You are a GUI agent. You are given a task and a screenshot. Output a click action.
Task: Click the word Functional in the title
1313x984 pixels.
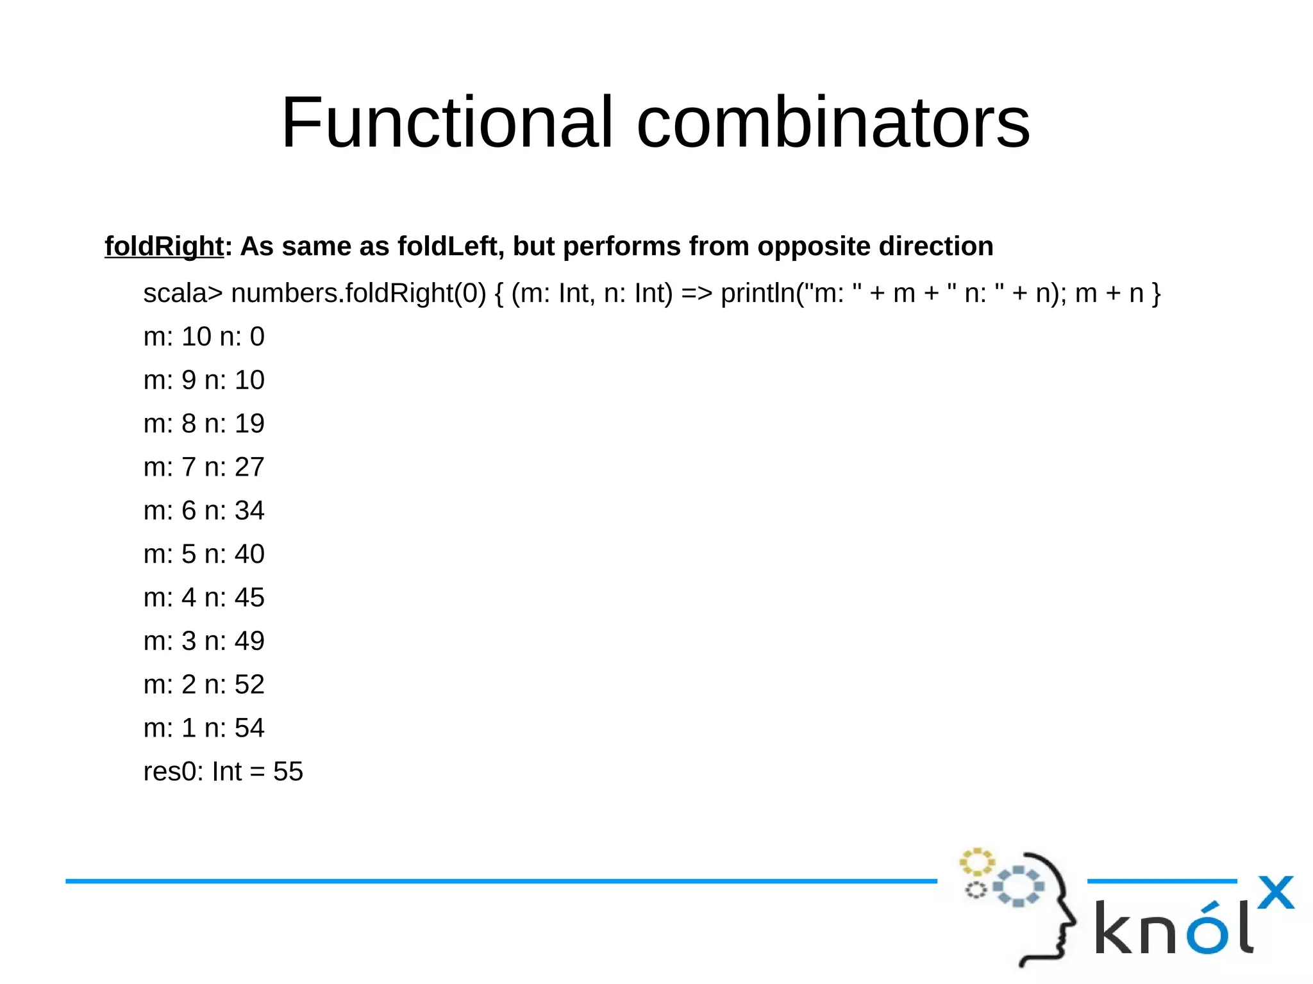(x=447, y=122)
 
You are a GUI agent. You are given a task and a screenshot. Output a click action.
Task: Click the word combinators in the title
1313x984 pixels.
(x=833, y=122)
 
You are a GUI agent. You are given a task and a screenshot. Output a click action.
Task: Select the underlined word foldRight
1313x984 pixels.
(x=164, y=247)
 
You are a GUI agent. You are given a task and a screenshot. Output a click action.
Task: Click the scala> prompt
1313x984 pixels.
(x=183, y=294)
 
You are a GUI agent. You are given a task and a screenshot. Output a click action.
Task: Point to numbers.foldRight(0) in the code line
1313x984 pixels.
(x=358, y=294)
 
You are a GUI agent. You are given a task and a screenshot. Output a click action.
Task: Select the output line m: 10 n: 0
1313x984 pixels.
(x=204, y=337)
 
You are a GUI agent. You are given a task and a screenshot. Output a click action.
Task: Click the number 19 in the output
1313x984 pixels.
(x=249, y=424)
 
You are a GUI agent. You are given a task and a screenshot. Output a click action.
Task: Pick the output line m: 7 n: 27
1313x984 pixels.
(x=204, y=467)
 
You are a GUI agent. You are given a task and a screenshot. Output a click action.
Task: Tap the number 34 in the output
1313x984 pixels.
(x=249, y=511)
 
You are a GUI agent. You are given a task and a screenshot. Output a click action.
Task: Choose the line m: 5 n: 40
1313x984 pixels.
(x=204, y=555)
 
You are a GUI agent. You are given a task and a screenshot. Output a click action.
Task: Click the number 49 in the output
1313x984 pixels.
(x=249, y=641)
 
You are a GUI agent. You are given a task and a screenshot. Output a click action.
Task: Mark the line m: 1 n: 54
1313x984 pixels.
(x=204, y=728)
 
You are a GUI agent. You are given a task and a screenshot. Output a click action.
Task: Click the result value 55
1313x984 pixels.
(x=288, y=772)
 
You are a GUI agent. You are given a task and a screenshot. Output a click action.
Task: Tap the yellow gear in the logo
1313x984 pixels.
(x=976, y=863)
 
